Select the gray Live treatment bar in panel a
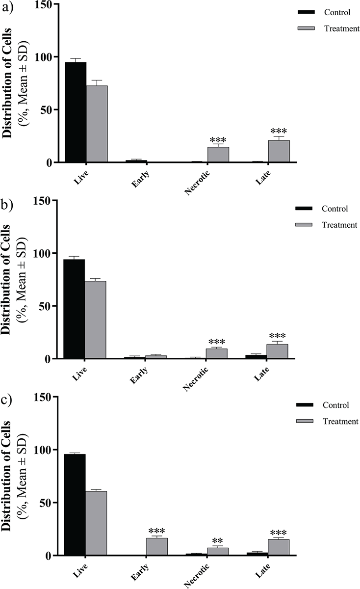point(97,124)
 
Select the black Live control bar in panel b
point(74,309)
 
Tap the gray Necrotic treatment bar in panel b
point(216,353)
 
